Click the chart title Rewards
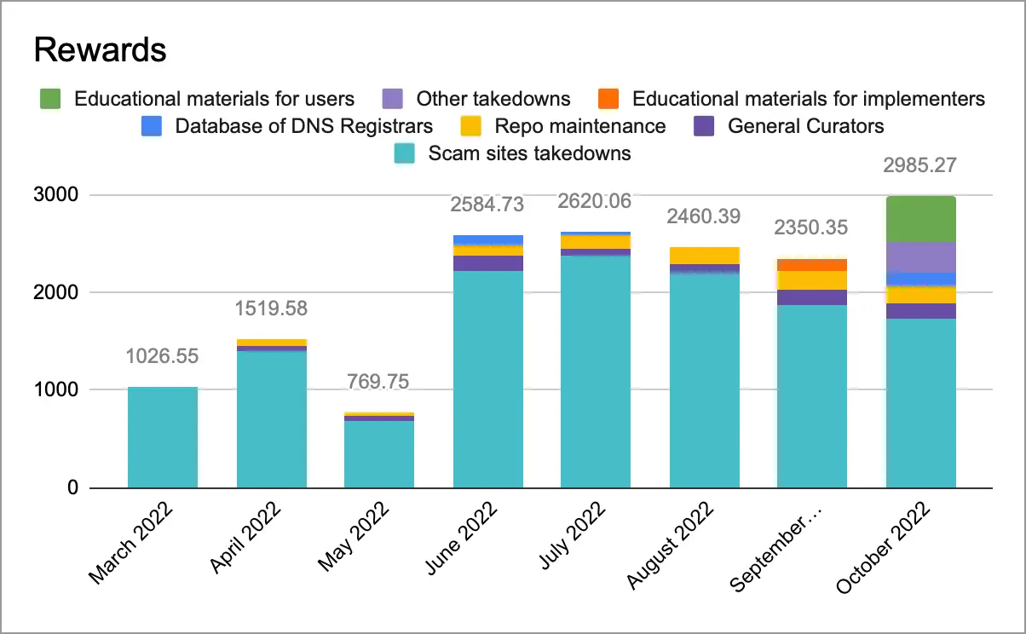pyautogui.click(x=99, y=50)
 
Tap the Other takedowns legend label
pyautogui.click(x=493, y=99)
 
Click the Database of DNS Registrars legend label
pyautogui.click(x=304, y=126)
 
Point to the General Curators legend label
pyautogui.click(x=805, y=126)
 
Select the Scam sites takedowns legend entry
pyautogui.click(x=529, y=153)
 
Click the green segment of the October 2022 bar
pyautogui.click(x=921, y=219)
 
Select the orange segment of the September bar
pyautogui.click(x=812, y=265)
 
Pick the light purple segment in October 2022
pyautogui.click(x=921, y=256)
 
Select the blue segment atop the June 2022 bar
pyautogui.click(x=488, y=240)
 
